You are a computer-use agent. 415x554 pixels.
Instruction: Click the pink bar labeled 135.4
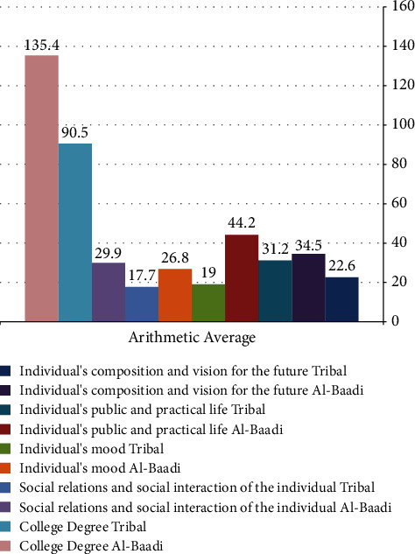42,188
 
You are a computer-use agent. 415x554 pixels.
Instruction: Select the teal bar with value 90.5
75,233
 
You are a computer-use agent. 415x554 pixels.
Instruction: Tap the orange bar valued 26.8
175,295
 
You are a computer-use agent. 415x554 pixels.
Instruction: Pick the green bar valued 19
208,303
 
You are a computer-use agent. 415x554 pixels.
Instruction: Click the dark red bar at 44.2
242,278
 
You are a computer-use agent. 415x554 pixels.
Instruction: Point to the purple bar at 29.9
109,292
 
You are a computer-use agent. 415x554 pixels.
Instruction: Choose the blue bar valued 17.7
142,305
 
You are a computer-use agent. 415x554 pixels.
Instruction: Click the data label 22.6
341,265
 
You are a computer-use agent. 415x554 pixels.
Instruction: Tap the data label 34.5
308,245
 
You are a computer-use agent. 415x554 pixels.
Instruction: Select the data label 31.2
276,249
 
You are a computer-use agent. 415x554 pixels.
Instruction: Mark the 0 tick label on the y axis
395,321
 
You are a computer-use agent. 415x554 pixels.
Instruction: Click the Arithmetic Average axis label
192,338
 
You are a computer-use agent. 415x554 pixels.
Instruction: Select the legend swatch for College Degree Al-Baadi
5,545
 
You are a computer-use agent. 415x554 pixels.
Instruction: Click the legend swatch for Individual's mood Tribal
5,449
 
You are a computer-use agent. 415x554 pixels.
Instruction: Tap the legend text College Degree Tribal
82,527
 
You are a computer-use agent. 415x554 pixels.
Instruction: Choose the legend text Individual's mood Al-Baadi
100,468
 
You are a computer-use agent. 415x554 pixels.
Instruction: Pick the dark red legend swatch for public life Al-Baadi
5,429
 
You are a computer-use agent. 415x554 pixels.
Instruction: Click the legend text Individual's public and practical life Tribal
143,410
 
